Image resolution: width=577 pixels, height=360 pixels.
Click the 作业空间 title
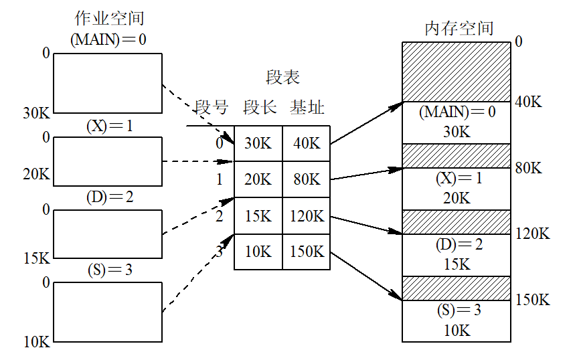tap(109, 18)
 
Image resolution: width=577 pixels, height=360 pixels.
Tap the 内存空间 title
tap(459, 28)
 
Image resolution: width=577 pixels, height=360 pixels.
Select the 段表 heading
tap(282, 77)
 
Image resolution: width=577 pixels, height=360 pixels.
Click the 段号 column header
tap(212, 107)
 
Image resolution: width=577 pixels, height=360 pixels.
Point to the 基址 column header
tap(307, 107)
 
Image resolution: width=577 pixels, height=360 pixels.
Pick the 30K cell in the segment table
tap(258, 143)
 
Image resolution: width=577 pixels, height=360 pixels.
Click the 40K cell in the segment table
tap(306, 143)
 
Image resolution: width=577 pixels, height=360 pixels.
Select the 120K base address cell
tap(306, 216)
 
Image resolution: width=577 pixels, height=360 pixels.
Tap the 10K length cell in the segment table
tap(258, 252)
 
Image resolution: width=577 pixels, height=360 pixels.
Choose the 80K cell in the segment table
tap(306, 179)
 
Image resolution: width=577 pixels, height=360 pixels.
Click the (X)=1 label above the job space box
tap(109, 126)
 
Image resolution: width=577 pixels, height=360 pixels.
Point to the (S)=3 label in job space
tap(110, 270)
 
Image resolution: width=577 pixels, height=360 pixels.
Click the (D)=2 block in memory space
tap(457, 255)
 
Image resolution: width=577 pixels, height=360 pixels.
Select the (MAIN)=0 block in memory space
tap(457, 122)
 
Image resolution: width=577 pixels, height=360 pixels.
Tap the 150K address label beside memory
tap(532, 300)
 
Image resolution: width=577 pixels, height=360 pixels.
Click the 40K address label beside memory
tap(528, 102)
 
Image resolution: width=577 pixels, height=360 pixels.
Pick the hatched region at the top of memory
tap(457, 72)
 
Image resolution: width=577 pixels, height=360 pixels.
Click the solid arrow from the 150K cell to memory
tap(366, 276)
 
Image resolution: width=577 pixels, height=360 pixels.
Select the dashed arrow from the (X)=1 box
tap(197, 161)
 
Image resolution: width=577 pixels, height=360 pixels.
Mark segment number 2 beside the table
tap(220, 216)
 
